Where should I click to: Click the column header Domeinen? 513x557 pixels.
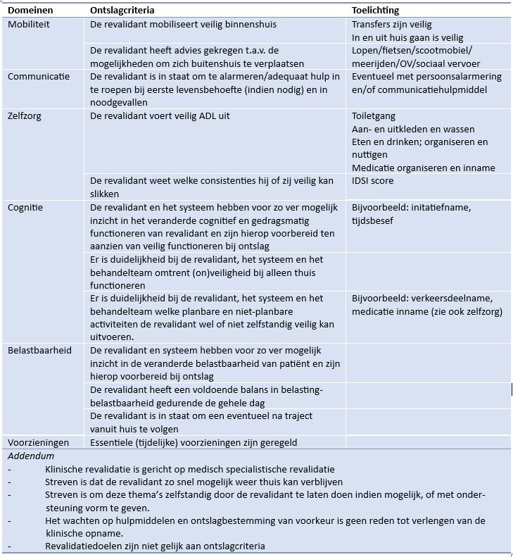pos(30,11)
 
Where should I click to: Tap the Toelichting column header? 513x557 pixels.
pos(375,11)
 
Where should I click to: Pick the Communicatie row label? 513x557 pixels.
pos(39,76)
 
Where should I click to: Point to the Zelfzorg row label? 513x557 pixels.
pos(25,115)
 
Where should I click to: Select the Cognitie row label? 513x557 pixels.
pos(25,207)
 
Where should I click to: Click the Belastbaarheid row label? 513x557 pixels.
pos(40,350)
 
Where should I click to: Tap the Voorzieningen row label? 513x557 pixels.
pos(39,442)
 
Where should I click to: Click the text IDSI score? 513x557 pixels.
pos(373,180)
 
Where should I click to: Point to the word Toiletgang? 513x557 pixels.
pos(374,116)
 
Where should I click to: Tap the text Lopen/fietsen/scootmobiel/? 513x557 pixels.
pos(412,50)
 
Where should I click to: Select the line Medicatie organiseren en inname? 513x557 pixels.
pos(424,168)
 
